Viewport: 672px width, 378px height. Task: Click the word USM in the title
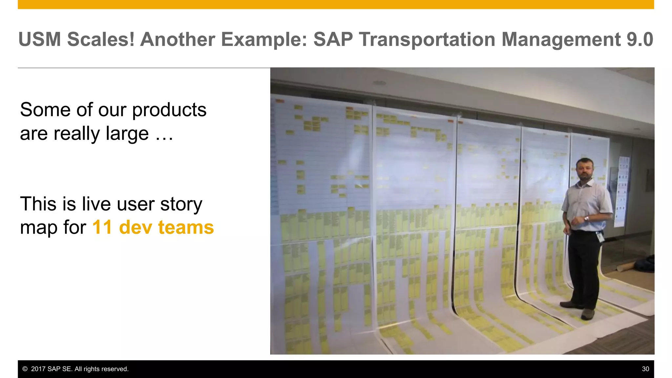[x=40, y=39]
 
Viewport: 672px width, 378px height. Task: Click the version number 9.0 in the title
[x=640, y=39]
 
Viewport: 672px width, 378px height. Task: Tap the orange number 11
[x=102, y=227]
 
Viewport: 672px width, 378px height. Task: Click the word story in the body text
[x=181, y=204]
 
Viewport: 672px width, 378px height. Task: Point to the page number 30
[x=645, y=369]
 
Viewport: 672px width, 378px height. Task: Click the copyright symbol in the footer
[x=25, y=369]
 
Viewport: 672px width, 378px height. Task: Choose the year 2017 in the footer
[x=38, y=369]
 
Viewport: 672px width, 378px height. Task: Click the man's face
[x=585, y=170]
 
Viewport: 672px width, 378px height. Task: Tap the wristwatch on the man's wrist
[x=586, y=219]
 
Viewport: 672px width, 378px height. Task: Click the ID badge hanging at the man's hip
[x=600, y=237]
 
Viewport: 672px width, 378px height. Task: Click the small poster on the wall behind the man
[x=622, y=190]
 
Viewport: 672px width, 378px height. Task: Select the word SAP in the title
[x=333, y=39]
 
